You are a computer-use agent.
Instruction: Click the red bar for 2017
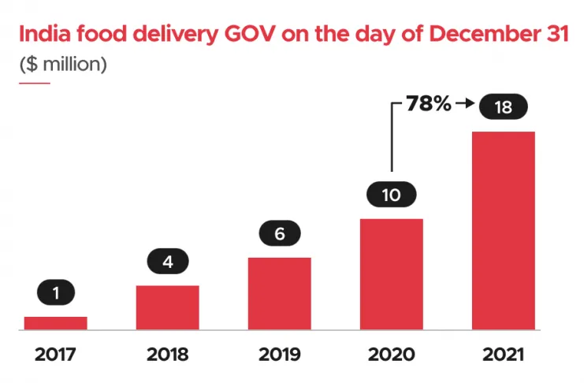55,322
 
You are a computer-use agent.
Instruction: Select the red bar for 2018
167,307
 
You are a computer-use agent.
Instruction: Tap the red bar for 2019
279,292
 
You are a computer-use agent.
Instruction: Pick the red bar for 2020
392,273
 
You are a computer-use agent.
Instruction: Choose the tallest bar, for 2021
504,230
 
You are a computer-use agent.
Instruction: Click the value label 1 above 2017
55,294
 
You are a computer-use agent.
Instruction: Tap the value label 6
279,234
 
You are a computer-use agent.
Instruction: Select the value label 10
392,195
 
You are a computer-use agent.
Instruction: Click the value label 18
504,107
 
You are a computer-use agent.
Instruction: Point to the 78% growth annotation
428,103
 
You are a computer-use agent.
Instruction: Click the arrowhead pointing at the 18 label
467,103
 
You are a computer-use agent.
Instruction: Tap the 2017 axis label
55,354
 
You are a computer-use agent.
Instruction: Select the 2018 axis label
167,354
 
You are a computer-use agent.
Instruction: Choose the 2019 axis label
279,354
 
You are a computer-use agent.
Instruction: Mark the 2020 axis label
392,354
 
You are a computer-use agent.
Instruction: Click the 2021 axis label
504,354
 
